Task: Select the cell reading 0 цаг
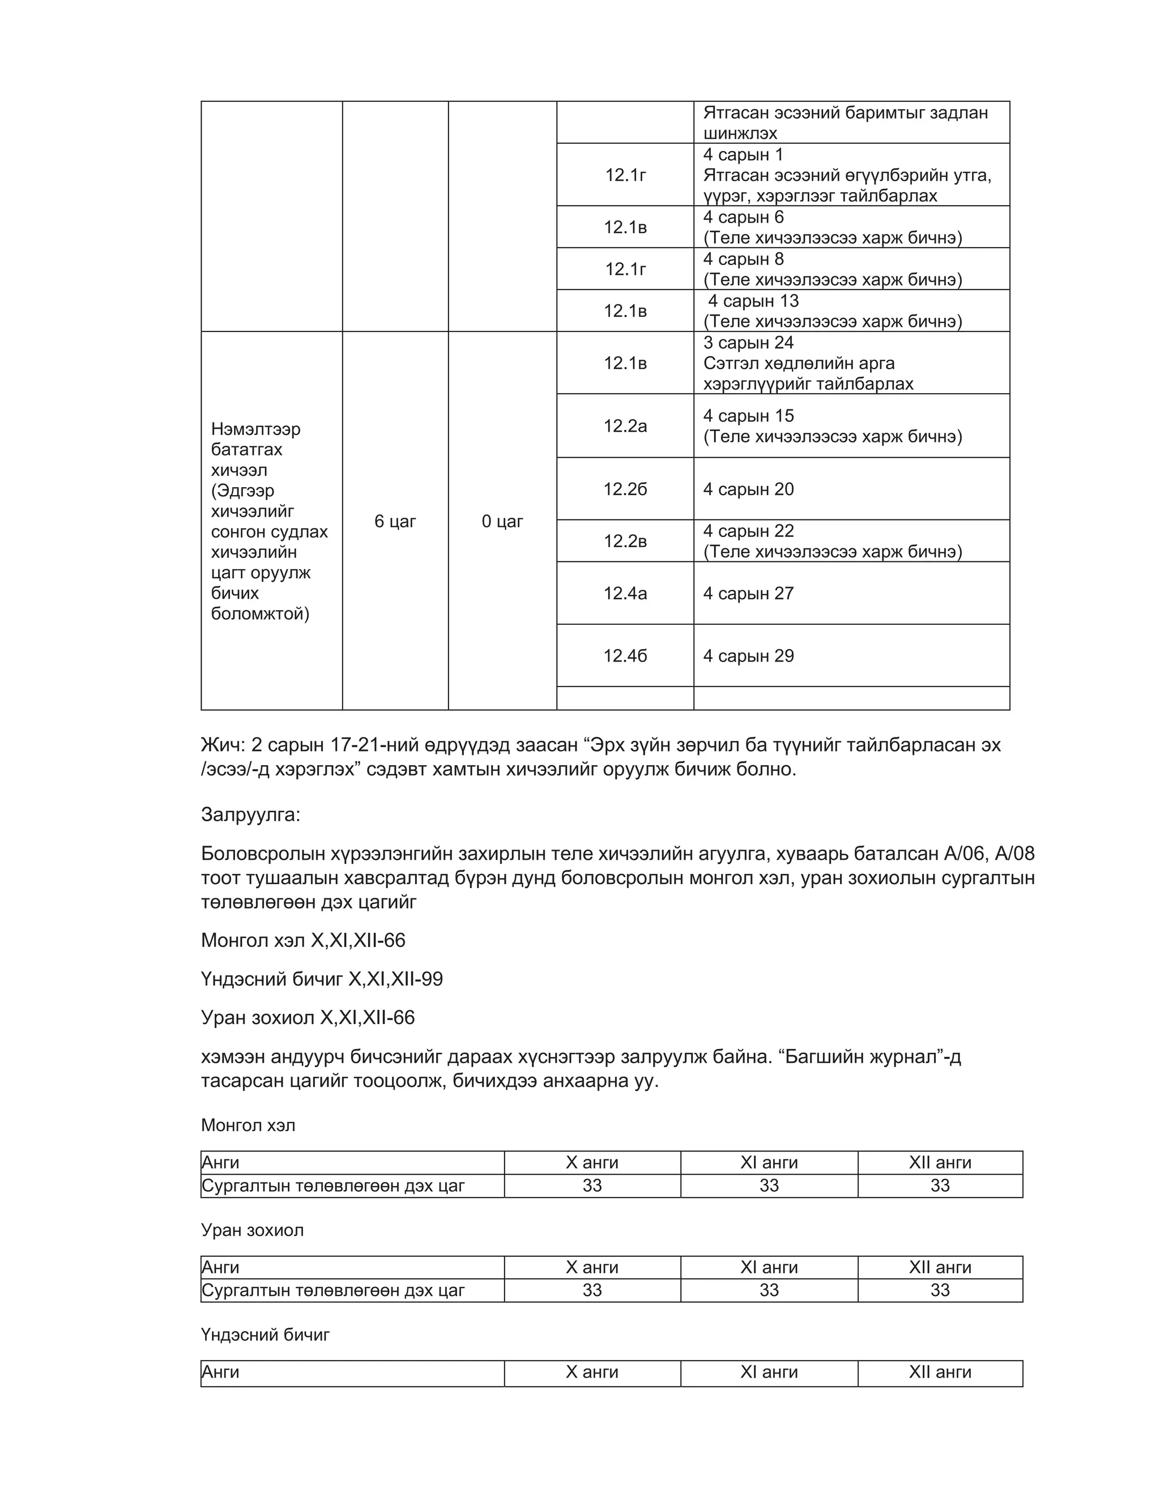(502, 522)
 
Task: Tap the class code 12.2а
(625, 426)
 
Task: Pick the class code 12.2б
(625, 489)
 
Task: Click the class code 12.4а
(625, 593)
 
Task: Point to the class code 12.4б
(625, 656)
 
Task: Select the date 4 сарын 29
(748, 656)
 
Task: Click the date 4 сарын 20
(748, 489)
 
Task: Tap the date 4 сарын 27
(748, 593)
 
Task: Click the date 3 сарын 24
(748, 342)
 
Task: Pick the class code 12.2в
(625, 541)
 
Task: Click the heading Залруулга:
(250, 815)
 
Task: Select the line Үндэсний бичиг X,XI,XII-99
(322, 979)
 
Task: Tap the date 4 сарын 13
(753, 301)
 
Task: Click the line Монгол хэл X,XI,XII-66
(303, 940)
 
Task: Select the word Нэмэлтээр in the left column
(255, 429)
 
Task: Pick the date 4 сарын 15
(748, 416)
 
